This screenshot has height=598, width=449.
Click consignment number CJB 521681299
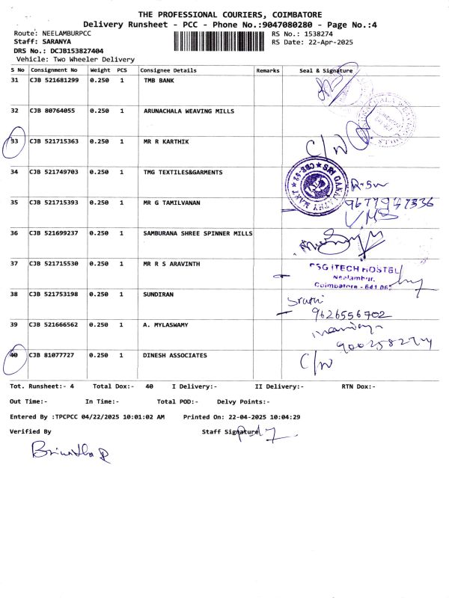click(54, 79)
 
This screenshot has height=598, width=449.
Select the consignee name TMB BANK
click(159, 79)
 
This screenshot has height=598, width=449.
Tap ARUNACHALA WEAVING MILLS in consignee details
click(189, 111)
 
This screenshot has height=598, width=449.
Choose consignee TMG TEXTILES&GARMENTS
click(183, 172)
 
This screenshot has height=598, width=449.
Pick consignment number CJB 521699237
click(54, 233)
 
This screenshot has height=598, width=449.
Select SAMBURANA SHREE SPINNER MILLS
click(198, 233)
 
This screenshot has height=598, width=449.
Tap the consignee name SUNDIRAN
click(158, 295)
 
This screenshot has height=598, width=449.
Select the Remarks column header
click(267, 70)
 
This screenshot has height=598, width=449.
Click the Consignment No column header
click(54, 70)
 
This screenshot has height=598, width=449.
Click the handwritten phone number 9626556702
click(346, 315)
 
